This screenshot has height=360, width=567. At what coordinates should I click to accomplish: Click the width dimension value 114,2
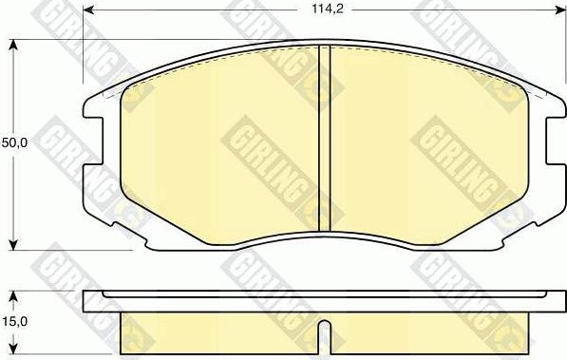click(328, 9)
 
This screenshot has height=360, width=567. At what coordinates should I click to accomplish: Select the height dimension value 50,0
click(14, 142)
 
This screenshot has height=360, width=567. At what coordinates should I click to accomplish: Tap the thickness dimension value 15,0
click(14, 321)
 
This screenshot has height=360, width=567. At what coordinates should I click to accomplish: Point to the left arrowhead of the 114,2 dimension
click(88, 9)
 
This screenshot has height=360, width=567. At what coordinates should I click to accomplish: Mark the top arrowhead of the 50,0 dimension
click(13, 46)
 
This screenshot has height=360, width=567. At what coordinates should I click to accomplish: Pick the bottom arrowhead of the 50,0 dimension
click(13, 244)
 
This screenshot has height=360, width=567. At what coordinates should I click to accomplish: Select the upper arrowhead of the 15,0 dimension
click(13, 296)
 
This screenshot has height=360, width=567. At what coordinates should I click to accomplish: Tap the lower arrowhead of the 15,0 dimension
click(13, 349)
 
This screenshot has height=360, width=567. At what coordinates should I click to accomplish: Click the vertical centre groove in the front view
click(325, 139)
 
